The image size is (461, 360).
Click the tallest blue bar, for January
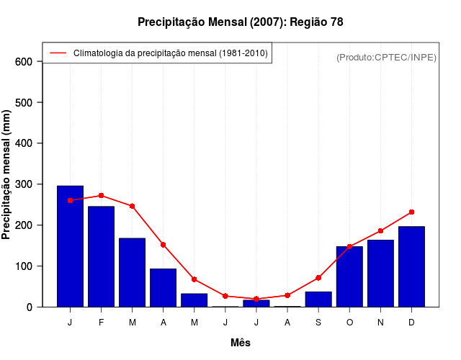point(70,246)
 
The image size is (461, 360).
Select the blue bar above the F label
point(101,256)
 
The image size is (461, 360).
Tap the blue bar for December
point(411,266)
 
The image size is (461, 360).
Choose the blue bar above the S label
point(318,299)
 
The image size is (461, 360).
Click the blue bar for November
point(380,273)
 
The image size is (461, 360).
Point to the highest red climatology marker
point(101,195)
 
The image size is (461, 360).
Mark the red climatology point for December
point(411,212)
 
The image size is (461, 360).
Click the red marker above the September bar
point(318,277)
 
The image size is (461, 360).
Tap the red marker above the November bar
point(380,231)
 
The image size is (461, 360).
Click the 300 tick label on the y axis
point(24,184)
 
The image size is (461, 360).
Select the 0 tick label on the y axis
point(29,307)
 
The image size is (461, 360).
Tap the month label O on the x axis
point(349,323)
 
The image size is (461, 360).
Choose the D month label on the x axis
point(411,323)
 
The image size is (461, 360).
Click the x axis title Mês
point(241,343)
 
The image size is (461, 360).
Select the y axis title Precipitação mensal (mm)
point(7,174)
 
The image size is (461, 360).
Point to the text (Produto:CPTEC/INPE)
point(386,58)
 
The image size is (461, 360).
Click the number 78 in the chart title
point(336,22)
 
